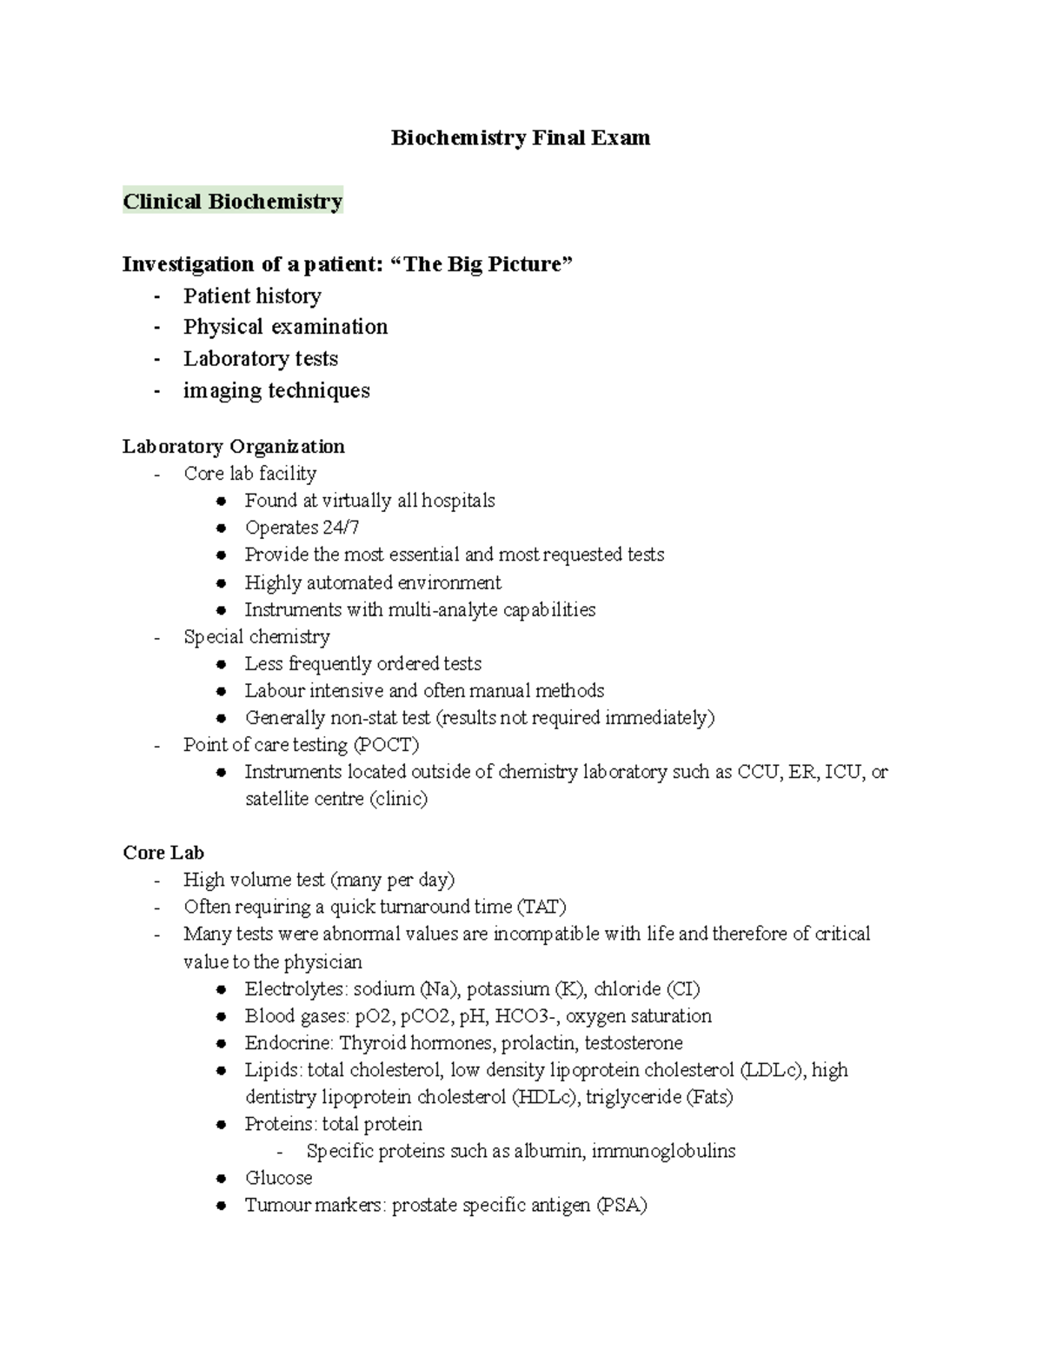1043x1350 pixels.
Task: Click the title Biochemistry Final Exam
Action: (x=520, y=138)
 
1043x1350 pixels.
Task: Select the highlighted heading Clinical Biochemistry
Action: (x=232, y=202)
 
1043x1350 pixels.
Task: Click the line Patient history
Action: (x=252, y=296)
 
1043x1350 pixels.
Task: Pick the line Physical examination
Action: (x=285, y=328)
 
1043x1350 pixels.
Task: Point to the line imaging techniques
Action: (x=276, y=391)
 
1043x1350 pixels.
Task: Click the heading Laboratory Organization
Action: (x=233, y=447)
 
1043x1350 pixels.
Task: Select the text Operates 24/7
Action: (x=302, y=528)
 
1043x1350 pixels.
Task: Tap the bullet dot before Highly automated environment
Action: (x=223, y=583)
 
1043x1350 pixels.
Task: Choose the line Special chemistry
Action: (x=256, y=637)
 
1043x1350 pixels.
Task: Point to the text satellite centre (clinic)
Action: (x=335, y=799)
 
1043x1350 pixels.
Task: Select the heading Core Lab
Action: (x=163, y=853)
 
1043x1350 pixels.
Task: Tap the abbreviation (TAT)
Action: (x=541, y=908)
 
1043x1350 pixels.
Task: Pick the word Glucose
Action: (x=278, y=1178)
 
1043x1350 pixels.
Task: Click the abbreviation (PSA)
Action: (x=621, y=1206)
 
